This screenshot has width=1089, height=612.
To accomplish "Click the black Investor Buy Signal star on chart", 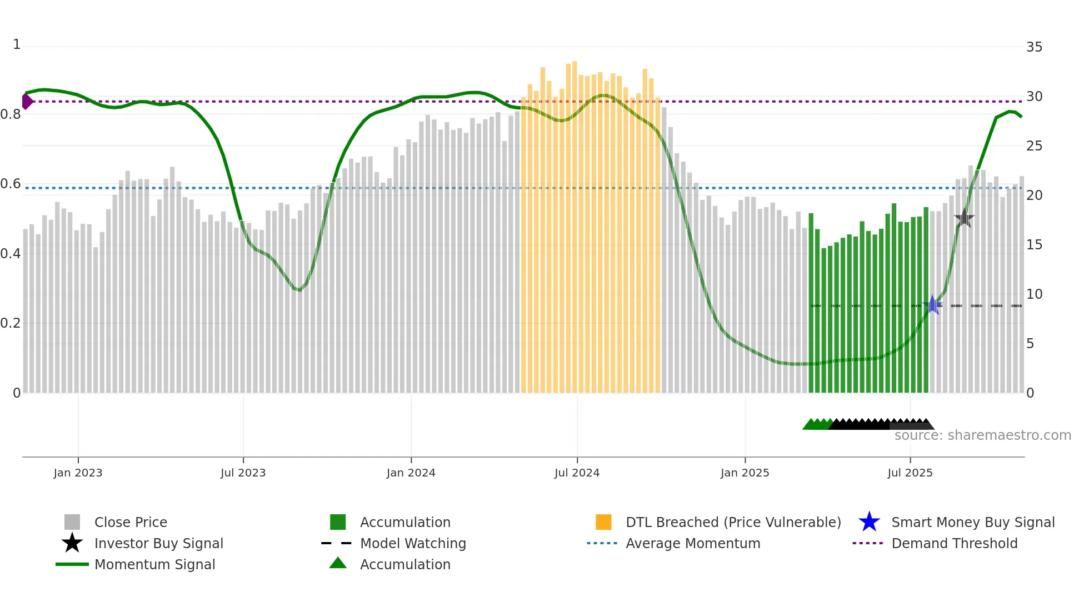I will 964,218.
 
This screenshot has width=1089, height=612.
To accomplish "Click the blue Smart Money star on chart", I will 932,305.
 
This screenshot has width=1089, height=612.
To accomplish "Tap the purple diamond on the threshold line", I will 27,102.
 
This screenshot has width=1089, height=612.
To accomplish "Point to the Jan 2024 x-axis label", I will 411,473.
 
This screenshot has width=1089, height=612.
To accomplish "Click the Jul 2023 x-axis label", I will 243,473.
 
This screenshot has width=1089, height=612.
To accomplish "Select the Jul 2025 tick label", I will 910,473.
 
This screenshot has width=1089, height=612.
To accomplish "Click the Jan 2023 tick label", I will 78,473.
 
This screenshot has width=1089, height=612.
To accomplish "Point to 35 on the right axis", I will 1034,47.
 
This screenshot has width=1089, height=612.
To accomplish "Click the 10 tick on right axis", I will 1034,294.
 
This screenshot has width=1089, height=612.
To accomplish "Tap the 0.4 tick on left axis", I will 11,254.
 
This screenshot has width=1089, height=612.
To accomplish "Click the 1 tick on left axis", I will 17,44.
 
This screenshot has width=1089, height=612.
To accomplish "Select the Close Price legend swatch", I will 72,522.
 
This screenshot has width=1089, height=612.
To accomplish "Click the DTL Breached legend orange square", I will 603,522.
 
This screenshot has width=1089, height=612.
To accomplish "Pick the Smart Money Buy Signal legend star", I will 869,522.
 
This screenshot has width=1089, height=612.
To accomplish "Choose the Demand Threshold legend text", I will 954,543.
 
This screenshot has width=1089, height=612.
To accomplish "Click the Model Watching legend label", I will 413,543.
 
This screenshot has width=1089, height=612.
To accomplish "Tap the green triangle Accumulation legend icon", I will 338,563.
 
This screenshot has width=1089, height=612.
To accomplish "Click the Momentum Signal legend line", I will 72,564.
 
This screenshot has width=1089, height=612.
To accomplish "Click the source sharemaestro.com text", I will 982,435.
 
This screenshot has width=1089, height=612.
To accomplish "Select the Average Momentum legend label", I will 693,543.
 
